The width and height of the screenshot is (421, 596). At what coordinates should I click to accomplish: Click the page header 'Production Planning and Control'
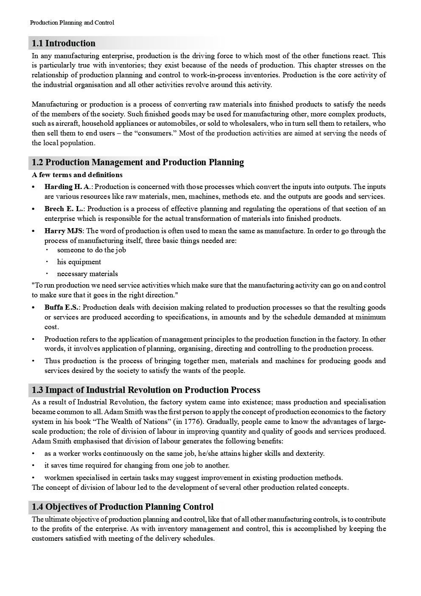pos(72,23)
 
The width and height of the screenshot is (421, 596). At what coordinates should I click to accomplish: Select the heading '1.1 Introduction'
pos(64,43)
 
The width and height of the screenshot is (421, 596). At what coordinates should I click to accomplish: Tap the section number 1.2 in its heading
pos(38,162)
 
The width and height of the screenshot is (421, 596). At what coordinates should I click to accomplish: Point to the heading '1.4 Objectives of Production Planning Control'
pos(123,507)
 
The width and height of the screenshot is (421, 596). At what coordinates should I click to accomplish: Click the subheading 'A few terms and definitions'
pos(77,175)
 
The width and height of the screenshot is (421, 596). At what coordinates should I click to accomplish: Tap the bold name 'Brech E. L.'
pos(64,209)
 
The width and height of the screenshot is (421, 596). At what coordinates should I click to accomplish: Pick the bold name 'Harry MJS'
pos(64,231)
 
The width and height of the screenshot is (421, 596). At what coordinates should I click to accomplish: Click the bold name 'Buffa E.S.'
pos(62,308)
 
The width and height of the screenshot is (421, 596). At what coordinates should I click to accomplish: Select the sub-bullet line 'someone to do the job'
pos(91,250)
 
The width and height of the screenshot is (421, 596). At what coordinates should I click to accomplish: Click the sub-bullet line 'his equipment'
pos(79,262)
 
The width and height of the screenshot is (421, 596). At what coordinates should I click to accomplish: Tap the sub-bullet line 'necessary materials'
pos(87,274)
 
